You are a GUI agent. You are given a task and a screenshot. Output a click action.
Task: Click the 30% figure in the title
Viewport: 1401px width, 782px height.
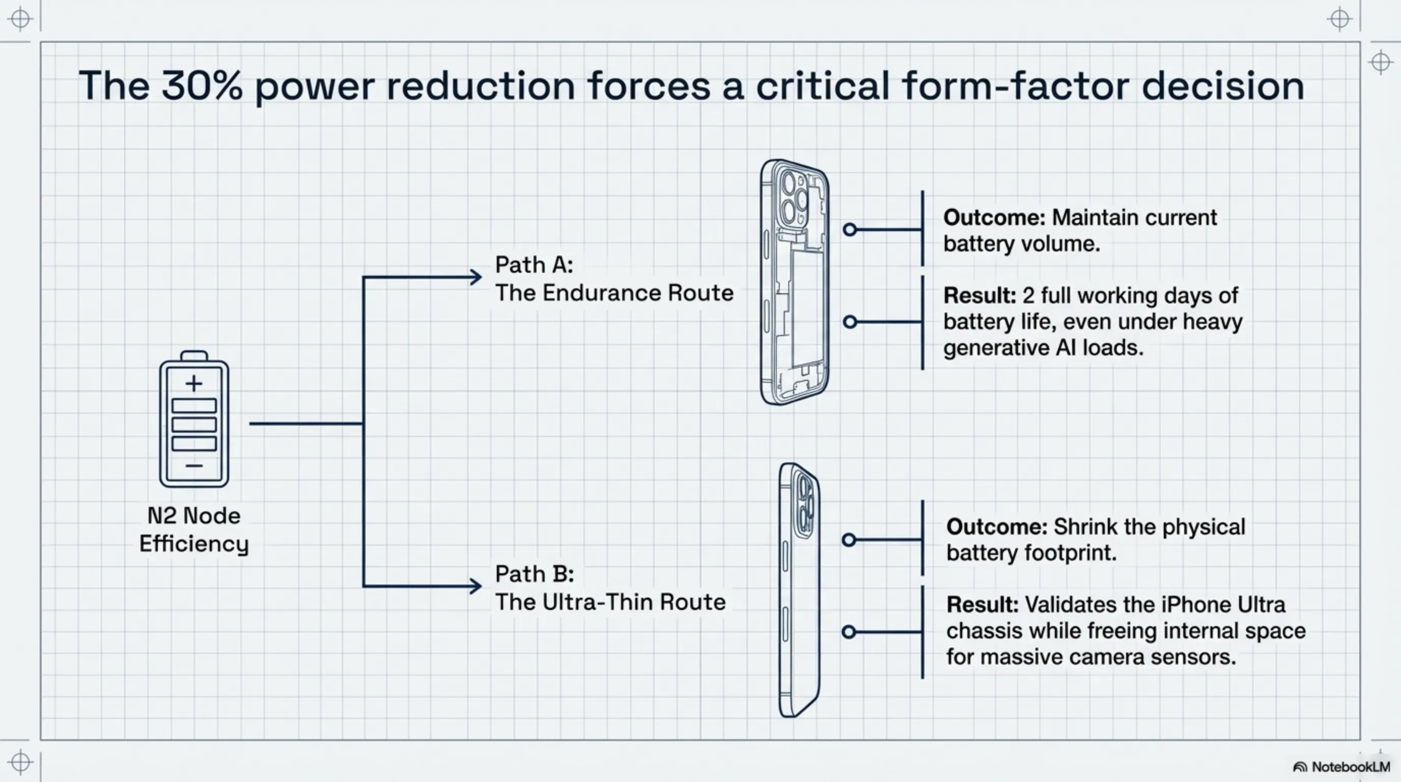click(x=201, y=86)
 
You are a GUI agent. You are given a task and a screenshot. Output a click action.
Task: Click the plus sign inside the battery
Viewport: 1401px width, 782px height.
click(x=194, y=383)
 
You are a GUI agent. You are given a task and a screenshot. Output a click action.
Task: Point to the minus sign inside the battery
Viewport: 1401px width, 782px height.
click(x=194, y=465)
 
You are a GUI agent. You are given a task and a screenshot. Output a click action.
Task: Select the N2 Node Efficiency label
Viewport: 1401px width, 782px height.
click(x=194, y=529)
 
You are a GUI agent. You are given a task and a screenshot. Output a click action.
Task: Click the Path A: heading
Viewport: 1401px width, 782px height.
click(x=534, y=265)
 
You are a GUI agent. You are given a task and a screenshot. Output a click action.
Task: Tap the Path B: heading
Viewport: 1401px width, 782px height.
click(x=534, y=574)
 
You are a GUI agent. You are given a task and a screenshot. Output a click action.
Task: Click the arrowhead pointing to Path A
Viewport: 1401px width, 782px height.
click(x=476, y=277)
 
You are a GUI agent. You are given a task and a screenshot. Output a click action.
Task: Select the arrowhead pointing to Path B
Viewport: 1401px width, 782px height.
click(x=476, y=586)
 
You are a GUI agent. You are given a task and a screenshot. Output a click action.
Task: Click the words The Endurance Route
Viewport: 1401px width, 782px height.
click(x=614, y=293)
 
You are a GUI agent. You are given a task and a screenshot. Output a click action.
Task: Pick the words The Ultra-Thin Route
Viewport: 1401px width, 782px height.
click(x=610, y=602)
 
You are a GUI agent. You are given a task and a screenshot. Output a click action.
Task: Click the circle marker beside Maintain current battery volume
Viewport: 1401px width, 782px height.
click(x=850, y=230)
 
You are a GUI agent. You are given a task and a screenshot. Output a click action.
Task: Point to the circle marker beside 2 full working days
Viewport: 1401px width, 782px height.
click(x=850, y=322)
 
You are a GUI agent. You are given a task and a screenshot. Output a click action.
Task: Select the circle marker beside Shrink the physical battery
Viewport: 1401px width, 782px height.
click(x=849, y=540)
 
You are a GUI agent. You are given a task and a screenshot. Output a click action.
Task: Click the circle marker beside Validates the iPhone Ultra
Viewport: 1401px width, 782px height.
click(x=849, y=632)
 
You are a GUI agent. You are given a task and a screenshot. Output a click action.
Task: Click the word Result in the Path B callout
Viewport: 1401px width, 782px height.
click(x=982, y=605)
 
